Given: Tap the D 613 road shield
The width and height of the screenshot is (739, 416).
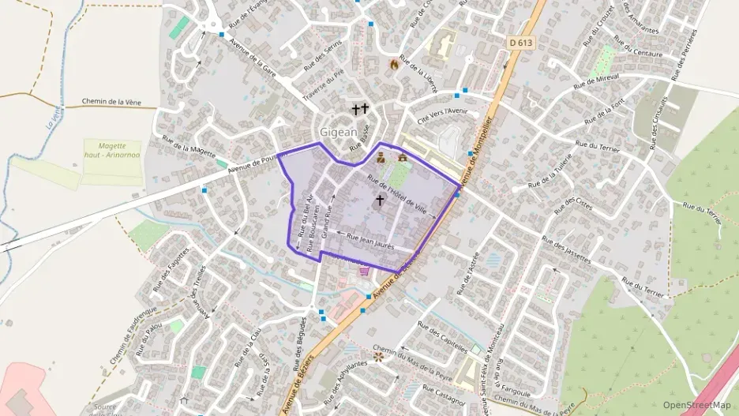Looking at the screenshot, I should (520, 43).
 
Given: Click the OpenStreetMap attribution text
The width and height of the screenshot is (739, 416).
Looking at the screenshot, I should (696, 405).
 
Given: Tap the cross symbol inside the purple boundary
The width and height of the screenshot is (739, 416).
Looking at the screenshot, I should (380, 201).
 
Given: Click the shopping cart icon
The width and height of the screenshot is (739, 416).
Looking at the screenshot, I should (364, 271).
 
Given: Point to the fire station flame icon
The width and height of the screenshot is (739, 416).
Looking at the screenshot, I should (394, 65).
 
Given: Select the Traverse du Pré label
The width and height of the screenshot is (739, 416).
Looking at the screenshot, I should (329, 84).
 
